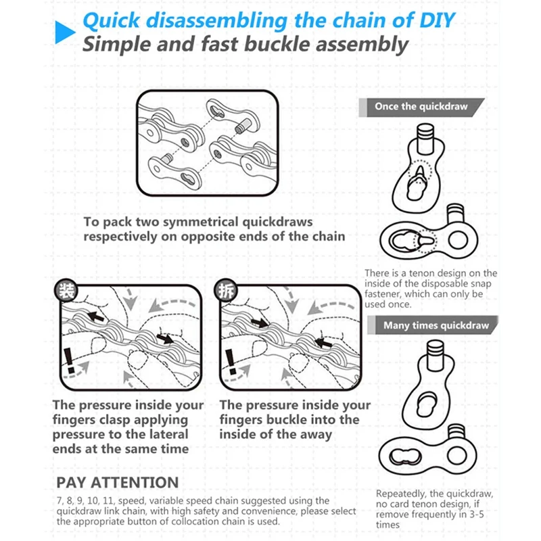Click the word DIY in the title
(433, 19)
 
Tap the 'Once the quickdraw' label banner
(420, 107)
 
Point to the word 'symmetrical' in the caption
(202, 222)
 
